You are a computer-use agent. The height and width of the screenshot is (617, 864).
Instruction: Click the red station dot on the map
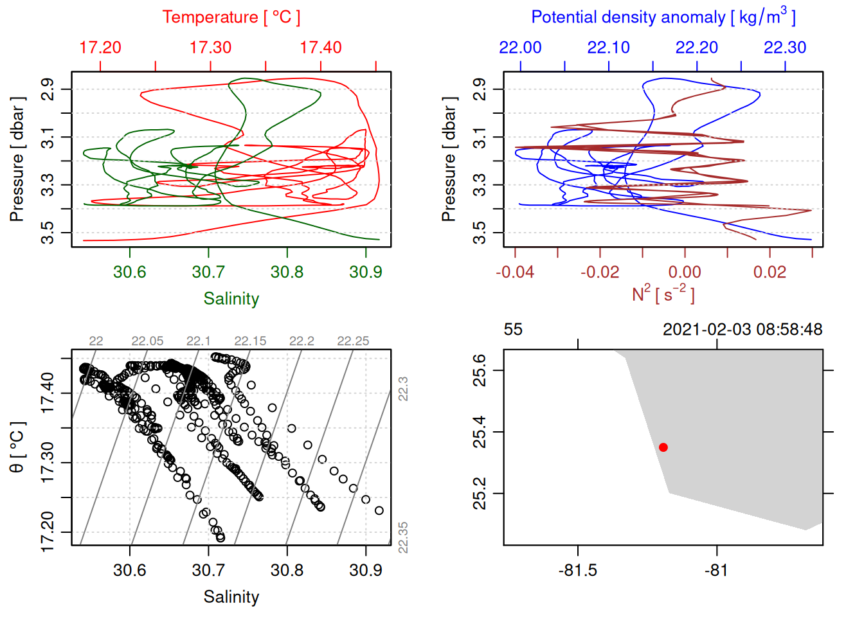click(663, 447)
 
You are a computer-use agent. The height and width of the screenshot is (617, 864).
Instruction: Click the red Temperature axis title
click(231, 17)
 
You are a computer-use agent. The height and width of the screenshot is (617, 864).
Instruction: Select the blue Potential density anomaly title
click(663, 17)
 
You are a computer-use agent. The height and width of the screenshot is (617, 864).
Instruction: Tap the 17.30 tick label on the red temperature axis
click(211, 48)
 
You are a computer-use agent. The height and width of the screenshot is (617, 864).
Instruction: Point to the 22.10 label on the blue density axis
click(609, 48)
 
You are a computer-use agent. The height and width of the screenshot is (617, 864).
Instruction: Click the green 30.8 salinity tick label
click(287, 272)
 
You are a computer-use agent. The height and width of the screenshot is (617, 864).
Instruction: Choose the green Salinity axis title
click(231, 299)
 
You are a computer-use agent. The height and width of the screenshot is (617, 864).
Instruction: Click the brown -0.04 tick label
click(515, 272)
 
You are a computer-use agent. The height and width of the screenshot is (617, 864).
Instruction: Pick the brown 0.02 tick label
click(770, 272)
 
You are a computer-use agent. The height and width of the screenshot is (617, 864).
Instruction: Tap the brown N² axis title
click(663, 294)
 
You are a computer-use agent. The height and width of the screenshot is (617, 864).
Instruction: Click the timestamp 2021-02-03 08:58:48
click(742, 330)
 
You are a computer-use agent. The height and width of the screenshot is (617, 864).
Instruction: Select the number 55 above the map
click(513, 330)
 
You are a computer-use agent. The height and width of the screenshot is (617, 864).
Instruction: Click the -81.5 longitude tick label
click(577, 570)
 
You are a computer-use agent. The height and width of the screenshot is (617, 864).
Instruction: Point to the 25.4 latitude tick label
click(480, 432)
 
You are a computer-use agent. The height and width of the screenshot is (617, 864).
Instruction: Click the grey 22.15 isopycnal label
click(250, 341)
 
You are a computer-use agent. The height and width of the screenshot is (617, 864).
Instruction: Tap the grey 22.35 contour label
click(403, 537)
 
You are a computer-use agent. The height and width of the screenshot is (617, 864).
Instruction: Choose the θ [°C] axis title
click(17, 447)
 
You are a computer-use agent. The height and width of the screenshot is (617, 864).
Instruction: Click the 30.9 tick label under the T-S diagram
click(366, 570)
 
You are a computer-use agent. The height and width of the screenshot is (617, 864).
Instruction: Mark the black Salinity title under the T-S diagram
click(231, 597)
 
